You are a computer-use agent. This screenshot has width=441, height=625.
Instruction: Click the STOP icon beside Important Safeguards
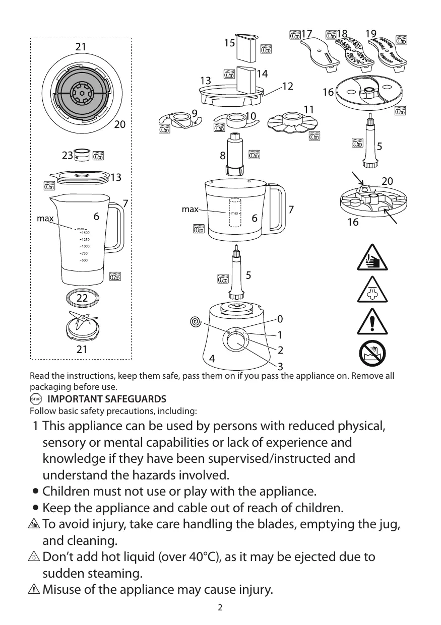[35, 399]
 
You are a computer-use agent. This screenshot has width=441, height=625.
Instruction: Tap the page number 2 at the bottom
[220, 607]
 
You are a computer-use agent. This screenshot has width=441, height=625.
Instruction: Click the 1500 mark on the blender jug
[85, 233]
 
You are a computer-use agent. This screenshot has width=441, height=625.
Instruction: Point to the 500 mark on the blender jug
[84, 260]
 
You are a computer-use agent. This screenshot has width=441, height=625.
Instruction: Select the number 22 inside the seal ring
[82, 298]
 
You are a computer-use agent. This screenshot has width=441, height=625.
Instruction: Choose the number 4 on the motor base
[213, 359]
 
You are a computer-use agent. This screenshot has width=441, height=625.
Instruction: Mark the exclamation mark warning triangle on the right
[373, 322]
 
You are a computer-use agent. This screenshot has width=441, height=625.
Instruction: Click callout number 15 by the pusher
[230, 43]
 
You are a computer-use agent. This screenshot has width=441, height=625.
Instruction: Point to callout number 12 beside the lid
[287, 87]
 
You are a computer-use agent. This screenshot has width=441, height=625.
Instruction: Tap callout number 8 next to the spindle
[222, 156]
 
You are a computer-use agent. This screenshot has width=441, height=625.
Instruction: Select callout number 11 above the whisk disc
[309, 109]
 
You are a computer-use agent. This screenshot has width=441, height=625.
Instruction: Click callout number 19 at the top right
[371, 34]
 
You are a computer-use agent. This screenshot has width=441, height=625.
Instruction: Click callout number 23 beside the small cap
[68, 156]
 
